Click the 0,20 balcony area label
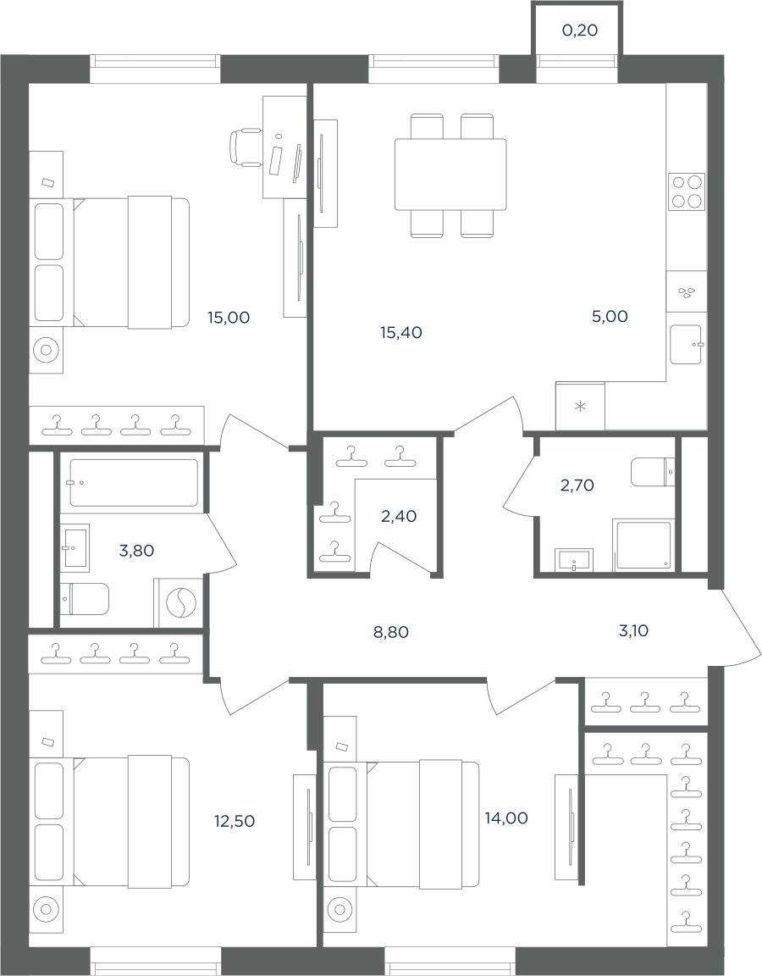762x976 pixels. (580, 30)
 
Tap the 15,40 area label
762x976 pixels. (401, 333)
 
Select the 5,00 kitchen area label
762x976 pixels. (610, 317)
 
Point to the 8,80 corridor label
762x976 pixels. (391, 633)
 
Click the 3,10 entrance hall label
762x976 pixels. (634, 631)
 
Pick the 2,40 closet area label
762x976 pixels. (399, 517)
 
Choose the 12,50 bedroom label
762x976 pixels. (235, 822)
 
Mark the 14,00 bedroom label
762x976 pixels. (506, 818)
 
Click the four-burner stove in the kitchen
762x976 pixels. (687, 191)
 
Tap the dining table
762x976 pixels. (450, 175)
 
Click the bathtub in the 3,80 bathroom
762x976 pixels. (134, 483)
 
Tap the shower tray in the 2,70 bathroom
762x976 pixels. (643, 545)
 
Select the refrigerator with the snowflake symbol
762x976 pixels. (580, 406)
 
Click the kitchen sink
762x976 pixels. (686, 346)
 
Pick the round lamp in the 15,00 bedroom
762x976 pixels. (46, 349)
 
